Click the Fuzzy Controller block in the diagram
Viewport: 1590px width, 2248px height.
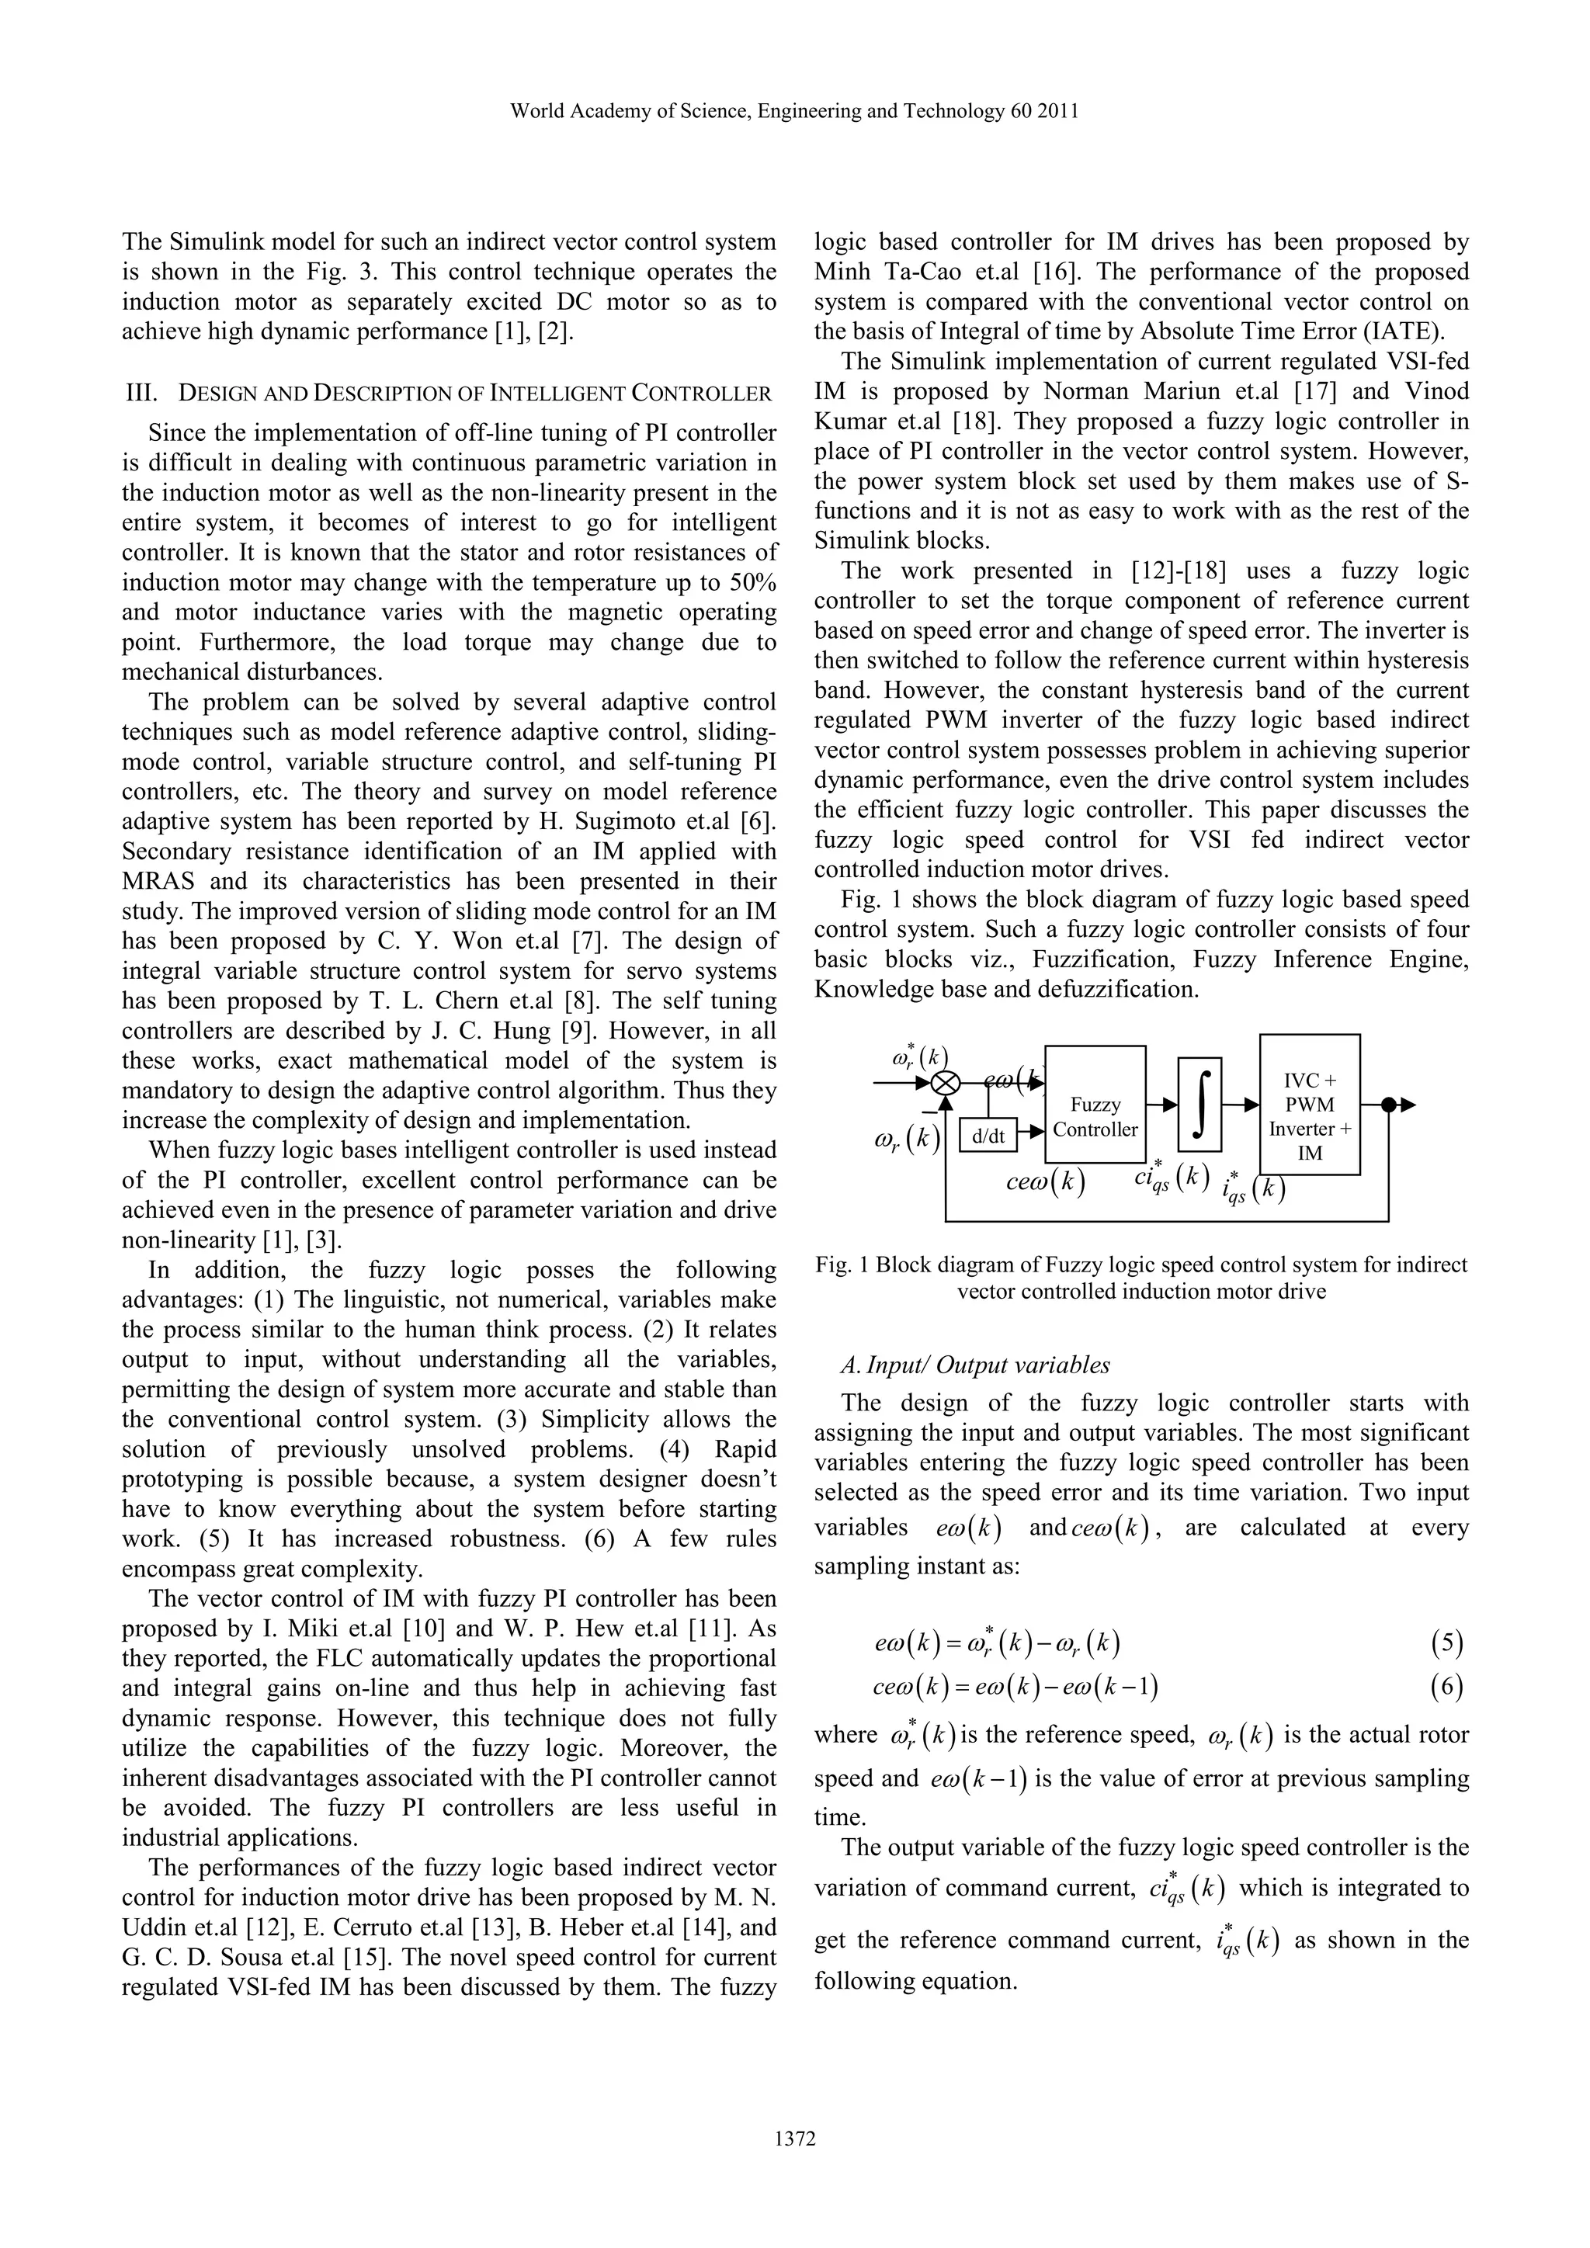coord(1095,1117)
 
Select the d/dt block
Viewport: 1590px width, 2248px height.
coord(988,1136)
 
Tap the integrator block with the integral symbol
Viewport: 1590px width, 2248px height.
coord(1200,1104)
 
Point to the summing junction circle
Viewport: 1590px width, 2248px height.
coord(945,1083)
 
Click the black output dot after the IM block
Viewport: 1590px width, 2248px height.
coord(1387,1105)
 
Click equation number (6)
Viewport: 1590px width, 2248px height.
coord(1446,1685)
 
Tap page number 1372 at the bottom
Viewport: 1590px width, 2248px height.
coord(794,2166)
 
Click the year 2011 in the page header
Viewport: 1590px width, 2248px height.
coord(1059,112)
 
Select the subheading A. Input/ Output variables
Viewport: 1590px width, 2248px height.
coord(975,1365)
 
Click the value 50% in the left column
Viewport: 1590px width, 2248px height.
coord(754,582)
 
